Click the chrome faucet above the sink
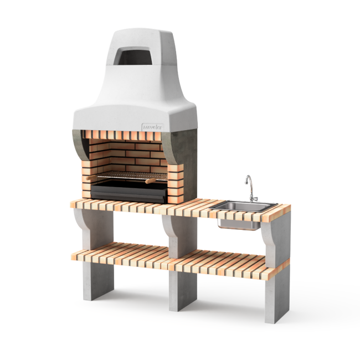pyautogui.click(x=251, y=187)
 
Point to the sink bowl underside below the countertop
pyautogui.click(x=239, y=223)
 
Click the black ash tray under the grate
pyautogui.click(x=127, y=191)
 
